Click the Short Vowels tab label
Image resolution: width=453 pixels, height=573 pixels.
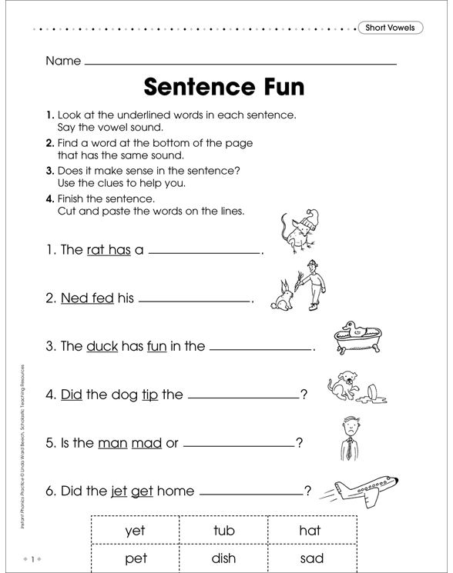pos(390,28)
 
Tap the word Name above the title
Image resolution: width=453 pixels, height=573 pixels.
pos(63,61)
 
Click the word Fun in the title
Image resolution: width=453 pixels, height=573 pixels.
pos(277,85)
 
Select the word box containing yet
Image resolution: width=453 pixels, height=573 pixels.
pos(135,530)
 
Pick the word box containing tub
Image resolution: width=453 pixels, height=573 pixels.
pos(223,530)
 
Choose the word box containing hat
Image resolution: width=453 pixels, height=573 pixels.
pos(310,530)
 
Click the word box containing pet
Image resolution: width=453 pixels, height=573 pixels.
pos(135,559)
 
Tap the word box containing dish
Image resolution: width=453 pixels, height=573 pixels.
pos(223,559)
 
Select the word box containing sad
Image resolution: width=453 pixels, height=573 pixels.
pos(311,559)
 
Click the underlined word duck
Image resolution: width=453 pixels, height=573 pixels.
pos(102,346)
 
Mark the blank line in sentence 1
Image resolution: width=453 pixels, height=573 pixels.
pos(204,252)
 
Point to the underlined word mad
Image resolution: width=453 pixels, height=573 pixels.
pos(146,443)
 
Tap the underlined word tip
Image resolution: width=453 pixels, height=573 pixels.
pos(149,395)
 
